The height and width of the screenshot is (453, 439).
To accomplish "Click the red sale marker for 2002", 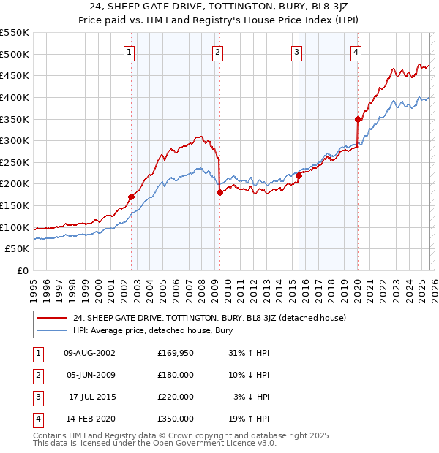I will (x=132, y=197).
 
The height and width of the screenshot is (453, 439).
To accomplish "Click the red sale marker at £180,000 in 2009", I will (x=219, y=192).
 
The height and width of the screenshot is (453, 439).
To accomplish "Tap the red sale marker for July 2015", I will (x=299, y=175).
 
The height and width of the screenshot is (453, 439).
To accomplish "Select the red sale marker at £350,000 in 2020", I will (x=358, y=119).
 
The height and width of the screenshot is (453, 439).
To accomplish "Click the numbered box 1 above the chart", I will (x=130, y=51).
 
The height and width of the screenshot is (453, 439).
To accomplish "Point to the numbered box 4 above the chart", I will (x=356, y=51).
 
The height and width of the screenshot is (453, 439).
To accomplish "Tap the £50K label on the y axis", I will (x=18, y=248).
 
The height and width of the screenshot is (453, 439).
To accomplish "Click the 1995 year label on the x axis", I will (x=34, y=285).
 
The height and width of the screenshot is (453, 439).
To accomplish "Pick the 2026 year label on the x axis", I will (x=434, y=285).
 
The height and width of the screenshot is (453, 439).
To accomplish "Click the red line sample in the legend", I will (x=51, y=318).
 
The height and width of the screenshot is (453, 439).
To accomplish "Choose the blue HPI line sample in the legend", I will (x=51, y=330).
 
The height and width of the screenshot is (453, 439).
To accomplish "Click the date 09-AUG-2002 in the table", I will (x=89, y=353).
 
